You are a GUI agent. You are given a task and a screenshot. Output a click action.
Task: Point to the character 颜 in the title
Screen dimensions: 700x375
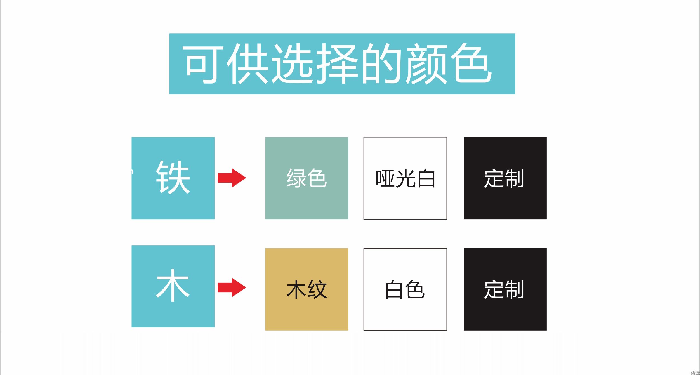pos(427,64)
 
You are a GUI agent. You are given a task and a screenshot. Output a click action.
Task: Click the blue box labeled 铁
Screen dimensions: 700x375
pos(173,178)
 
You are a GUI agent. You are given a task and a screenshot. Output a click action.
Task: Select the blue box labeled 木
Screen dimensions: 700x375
pos(173,286)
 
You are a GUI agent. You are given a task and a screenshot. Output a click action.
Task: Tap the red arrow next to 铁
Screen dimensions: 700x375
pos(232,178)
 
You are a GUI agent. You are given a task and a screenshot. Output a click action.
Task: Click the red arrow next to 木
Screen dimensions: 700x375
pos(232,287)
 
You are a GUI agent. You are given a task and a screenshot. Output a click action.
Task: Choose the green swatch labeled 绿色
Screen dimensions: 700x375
pos(307,178)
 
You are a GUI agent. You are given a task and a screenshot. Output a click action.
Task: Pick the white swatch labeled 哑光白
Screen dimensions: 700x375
pos(405,178)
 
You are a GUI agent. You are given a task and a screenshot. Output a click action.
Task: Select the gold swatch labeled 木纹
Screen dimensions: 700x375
pos(307,289)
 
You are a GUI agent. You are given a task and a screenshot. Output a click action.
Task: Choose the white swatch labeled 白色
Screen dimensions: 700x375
pos(405,289)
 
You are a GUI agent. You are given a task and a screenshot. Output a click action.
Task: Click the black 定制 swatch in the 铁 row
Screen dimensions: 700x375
pos(505,178)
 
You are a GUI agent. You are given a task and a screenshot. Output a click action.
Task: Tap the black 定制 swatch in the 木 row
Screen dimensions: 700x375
pos(505,289)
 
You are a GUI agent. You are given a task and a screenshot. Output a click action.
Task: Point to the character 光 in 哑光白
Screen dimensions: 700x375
pos(406,178)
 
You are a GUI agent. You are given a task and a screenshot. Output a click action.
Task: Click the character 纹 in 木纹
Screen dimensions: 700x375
pos(317,289)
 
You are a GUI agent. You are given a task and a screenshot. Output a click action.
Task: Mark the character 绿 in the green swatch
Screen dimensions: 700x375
pos(297,178)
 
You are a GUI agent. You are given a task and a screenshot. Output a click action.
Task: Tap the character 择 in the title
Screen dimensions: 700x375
pos(337,64)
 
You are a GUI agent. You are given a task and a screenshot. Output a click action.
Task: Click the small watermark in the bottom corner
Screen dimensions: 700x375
pos(696,372)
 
